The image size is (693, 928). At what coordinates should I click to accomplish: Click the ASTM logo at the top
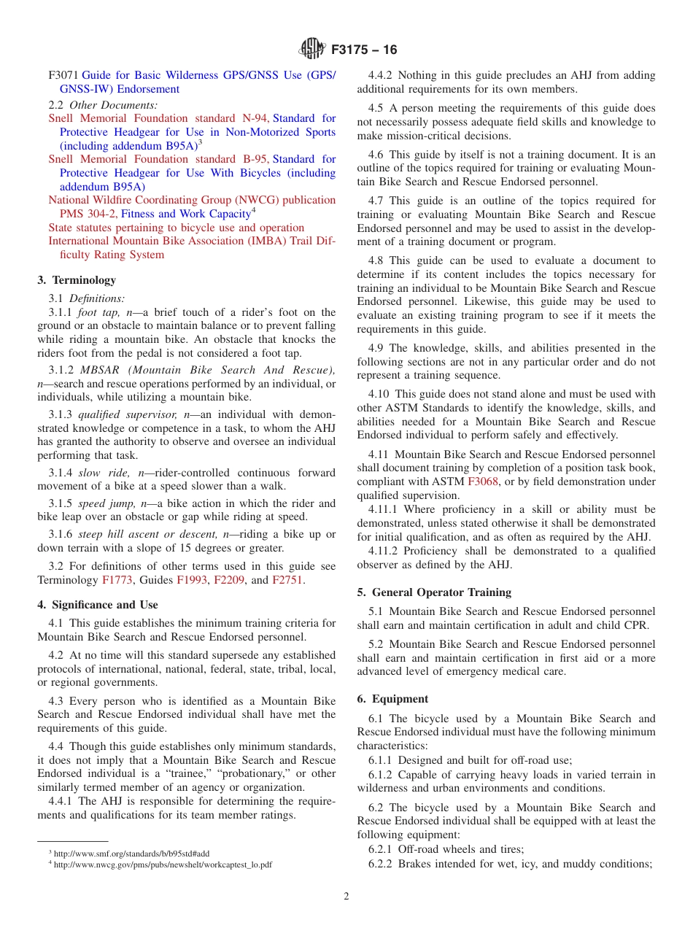[311, 50]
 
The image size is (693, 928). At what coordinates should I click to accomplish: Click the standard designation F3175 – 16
[364, 50]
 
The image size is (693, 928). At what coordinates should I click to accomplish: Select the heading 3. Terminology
[77, 280]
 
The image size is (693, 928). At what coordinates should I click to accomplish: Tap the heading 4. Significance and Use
[97, 605]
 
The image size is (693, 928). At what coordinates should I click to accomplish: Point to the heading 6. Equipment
[392, 699]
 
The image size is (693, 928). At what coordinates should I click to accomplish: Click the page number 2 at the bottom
[346, 897]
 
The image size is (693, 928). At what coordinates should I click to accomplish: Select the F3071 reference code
[63, 75]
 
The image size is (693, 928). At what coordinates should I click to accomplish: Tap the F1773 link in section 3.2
[115, 580]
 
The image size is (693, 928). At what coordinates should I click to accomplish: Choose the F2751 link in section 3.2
[287, 580]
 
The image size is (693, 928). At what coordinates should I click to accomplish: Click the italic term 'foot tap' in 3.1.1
[98, 312]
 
